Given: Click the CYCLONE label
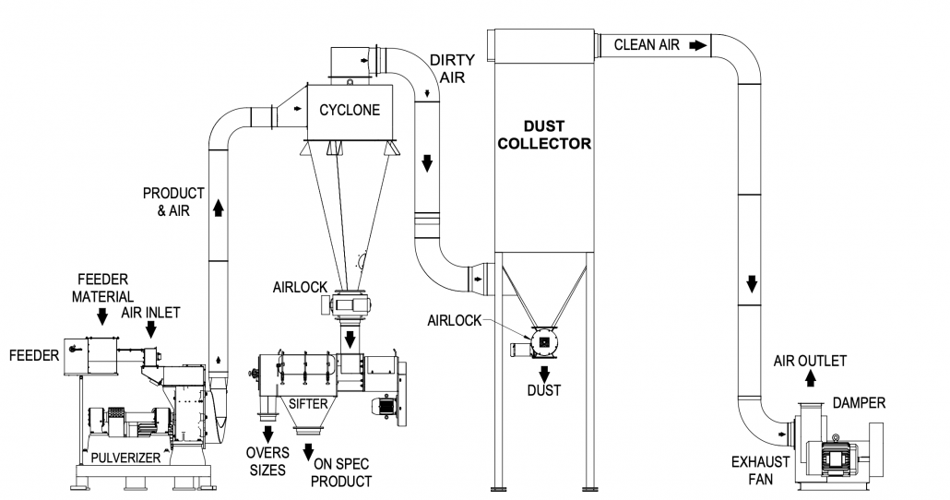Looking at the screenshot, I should click(350, 110).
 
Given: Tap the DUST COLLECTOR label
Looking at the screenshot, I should click(543, 135).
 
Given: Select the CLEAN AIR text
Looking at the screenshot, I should click(647, 44).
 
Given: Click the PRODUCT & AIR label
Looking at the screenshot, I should click(173, 202).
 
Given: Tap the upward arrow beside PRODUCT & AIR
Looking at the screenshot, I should click(219, 209).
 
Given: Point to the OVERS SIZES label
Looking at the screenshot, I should click(267, 460).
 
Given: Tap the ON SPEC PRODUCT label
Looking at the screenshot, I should click(341, 473).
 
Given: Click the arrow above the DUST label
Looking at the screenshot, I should click(544, 373).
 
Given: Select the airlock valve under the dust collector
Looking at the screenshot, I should click(543, 342).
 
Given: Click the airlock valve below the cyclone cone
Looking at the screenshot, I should click(350, 303).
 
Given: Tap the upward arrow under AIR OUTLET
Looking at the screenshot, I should click(809, 378).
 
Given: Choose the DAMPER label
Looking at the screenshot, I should click(858, 403).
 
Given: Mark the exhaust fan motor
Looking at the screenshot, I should click(836, 454).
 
